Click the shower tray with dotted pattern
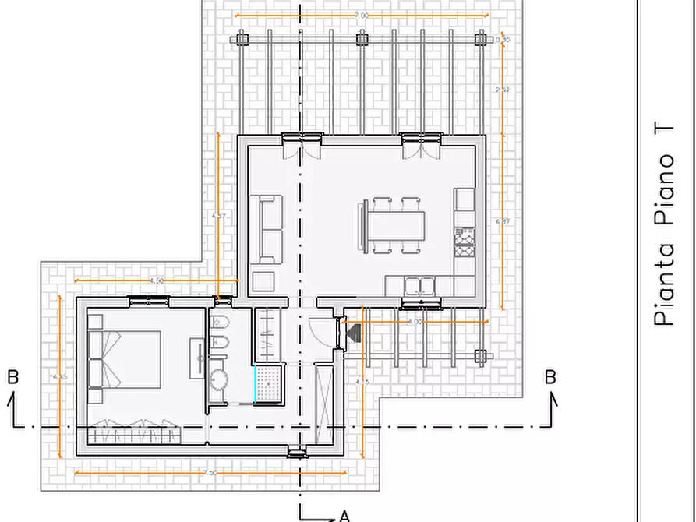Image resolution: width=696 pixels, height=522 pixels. pyautogui.click(x=270, y=383)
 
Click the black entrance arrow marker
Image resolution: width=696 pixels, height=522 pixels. pyautogui.click(x=352, y=333)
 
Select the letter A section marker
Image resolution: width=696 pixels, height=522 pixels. pyautogui.click(x=344, y=515)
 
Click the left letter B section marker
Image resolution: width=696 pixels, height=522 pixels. pyautogui.click(x=12, y=377)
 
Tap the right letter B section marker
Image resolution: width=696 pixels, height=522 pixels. pyautogui.click(x=550, y=377)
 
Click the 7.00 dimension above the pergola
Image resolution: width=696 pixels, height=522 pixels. pyautogui.click(x=361, y=16)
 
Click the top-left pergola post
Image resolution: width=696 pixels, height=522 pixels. pyautogui.click(x=242, y=38)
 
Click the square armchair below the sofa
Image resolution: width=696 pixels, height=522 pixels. pyautogui.click(x=263, y=282)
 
